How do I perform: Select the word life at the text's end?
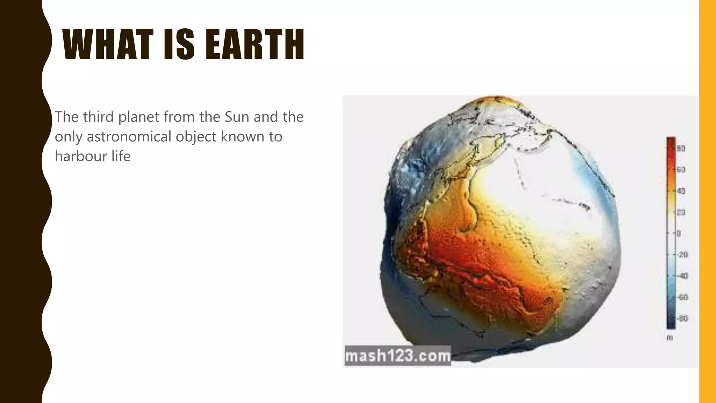[121, 156]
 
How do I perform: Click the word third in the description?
[98, 117]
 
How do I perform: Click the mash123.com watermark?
[398, 356]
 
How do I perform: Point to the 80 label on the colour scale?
[681, 149]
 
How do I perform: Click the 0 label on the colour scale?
[679, 233]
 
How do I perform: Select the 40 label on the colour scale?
[681, 191]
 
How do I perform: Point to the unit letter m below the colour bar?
[670, 338]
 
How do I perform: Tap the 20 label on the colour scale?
[681, 212]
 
